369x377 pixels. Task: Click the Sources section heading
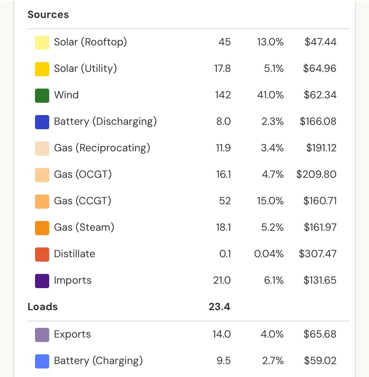tap(48, 14)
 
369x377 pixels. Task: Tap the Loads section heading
tap(43, 307)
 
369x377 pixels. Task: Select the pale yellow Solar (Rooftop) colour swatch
tap(42, 43)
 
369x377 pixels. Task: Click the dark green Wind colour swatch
tap(42, 96)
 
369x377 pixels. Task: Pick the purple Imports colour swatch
tap(42, 281)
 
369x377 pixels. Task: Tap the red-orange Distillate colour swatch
tap(42, 254)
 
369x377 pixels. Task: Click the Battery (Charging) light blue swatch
tap(42, 361)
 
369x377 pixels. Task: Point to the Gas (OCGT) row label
tap(83, 174)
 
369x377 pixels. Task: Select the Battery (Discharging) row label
tap(105, 121)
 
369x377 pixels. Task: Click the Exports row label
tap(73, 334)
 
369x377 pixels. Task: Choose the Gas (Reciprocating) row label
tap(102, 148)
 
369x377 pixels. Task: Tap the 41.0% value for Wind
tap(270, 95)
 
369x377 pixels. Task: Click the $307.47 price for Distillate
tap(318, 254)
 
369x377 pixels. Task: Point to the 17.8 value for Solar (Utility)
tap(222, 68)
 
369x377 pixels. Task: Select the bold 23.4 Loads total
tap(220, 307)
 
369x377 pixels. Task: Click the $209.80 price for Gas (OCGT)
tap(316, 174)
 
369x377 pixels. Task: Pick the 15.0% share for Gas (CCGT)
tap(270, 201)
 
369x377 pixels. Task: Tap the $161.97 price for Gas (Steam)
tap(320, 227)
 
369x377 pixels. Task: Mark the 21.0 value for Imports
tap(222, 280)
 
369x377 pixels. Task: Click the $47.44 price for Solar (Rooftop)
tap(320, 42)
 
